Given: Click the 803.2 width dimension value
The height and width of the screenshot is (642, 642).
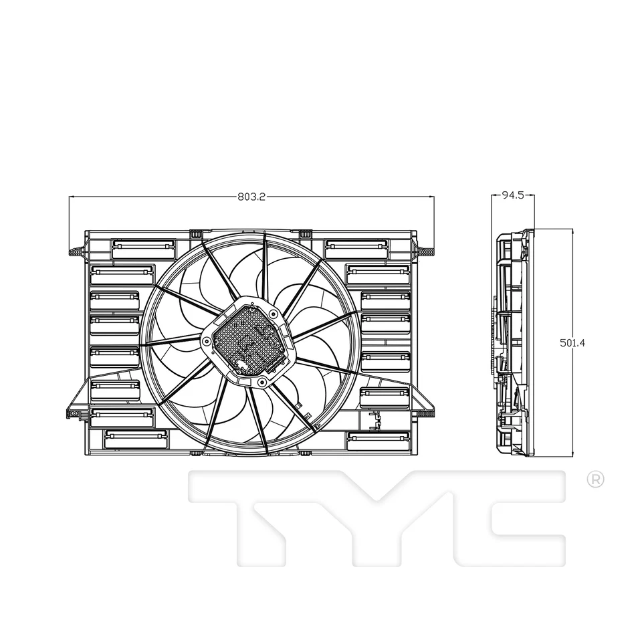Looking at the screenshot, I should click(251, 197).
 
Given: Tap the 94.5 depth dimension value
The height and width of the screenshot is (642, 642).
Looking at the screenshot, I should click(512, 195).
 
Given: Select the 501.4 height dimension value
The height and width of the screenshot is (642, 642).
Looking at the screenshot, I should click(572, 342).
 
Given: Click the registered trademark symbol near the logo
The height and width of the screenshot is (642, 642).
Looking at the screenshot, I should click(595, 479).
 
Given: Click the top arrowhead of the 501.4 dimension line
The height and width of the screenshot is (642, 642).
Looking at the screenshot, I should click(572, 231).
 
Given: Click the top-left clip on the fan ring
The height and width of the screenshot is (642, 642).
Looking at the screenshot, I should click(196, 235).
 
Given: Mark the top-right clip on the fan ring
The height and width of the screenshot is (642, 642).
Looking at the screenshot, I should click(305, 234).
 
